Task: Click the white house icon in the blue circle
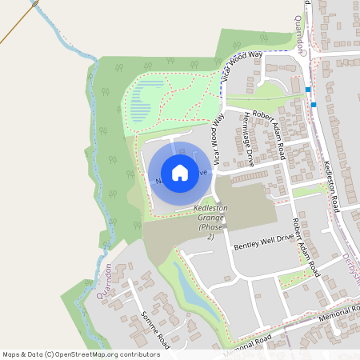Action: (180, 172)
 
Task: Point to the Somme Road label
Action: (151, 327)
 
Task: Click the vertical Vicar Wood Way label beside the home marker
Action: (216, 138)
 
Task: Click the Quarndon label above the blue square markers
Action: (301, 36)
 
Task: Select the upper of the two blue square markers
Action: (308, 90)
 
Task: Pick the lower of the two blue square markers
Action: (314, 104)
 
